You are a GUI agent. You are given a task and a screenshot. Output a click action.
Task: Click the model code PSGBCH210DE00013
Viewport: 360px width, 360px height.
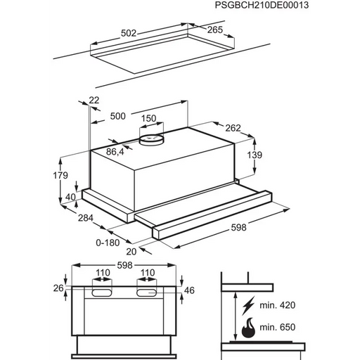click(262, 5)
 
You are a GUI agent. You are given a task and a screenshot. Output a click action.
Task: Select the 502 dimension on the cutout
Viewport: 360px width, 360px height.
click(129, 33)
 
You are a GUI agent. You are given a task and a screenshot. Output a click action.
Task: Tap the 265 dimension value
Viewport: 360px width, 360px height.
click(214, 30)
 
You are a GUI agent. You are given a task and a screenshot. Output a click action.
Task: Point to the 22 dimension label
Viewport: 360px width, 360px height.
click(94, 101)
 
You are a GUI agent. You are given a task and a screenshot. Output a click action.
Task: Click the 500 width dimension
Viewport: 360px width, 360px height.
click(117, 116)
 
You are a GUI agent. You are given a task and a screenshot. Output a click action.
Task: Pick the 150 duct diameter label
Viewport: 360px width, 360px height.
click(148, 118)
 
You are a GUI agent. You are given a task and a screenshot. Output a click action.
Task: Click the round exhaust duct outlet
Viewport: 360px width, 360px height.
click(151, 140)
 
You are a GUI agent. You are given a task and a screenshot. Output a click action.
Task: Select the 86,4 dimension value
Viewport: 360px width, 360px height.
click(115, 152)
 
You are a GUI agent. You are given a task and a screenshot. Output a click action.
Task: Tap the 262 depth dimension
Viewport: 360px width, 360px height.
click(233, 128)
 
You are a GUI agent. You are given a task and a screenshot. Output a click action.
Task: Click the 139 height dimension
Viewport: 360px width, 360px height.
click(255, 155)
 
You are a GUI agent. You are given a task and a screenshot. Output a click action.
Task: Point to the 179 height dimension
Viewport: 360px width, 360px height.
click(60, 175)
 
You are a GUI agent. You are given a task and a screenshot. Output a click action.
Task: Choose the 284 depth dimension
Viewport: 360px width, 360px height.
click(86, 218)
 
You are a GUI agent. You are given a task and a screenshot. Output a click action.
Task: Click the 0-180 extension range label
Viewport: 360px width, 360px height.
click(108, 243)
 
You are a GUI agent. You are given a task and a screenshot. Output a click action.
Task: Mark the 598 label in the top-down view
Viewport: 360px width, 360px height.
click(124, 265)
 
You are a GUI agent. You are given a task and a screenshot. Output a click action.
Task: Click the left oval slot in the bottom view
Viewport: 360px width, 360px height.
click(102, 292)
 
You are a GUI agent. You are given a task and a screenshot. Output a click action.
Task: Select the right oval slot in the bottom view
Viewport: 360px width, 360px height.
click(146, 292)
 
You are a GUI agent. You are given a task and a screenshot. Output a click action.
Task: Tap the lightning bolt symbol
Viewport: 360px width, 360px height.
click(248, 305)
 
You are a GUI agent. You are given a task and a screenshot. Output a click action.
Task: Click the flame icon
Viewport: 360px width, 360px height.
click(248, 328)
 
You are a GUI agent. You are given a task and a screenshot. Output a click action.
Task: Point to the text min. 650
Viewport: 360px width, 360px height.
click(278, 327)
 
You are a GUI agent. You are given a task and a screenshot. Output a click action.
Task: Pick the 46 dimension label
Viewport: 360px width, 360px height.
click(189, 290)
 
